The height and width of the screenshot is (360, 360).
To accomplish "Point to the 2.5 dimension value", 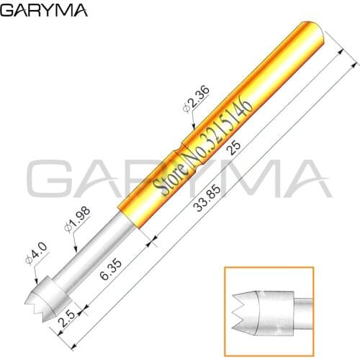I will [68, 316].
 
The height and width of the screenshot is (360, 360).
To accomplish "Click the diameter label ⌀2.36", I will [195, 96].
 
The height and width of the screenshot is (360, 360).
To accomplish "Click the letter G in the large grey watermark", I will [50, 181].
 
